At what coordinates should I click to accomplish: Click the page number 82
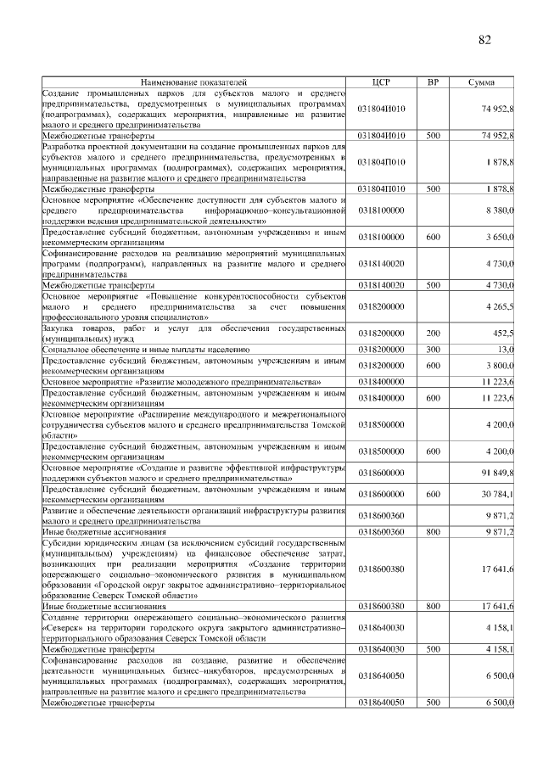point(484,40)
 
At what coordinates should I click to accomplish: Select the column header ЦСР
point(381,81)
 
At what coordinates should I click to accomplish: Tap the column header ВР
point(433,81)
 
